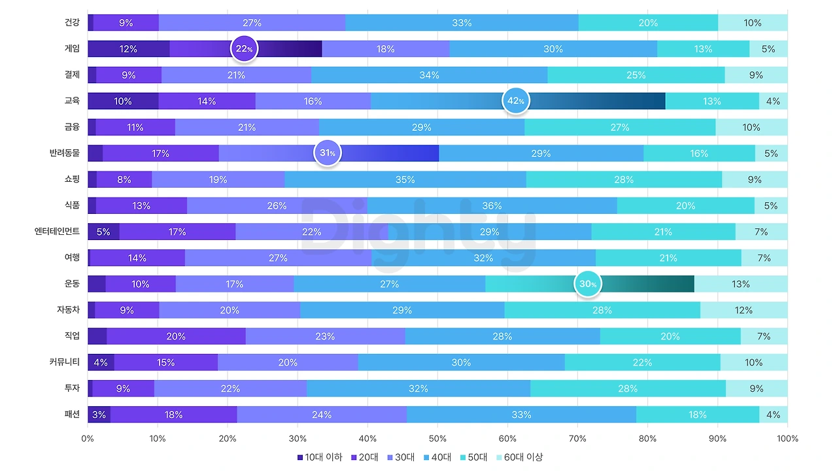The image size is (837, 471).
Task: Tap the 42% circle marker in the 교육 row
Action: [515, 101]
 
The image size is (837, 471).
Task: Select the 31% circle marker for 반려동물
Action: [328, 153]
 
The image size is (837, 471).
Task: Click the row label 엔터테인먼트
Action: [57, 232]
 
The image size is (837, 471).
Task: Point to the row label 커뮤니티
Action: [64, 362]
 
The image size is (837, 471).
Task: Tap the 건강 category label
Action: [72, 22]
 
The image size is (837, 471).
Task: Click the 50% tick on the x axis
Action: [437, 438]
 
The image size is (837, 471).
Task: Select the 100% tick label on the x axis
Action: [787, 438]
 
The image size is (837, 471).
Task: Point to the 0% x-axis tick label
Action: [88, 438]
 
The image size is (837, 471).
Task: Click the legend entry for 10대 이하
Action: [320, 457]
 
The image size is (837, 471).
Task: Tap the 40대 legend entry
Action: [436, 457]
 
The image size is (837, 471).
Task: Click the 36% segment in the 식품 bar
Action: [492, 205]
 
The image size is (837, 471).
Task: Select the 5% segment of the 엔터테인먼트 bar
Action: [103, 232]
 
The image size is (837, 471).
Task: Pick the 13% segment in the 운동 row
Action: [741, 284]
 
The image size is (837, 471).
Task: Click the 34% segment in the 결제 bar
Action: [429, 75]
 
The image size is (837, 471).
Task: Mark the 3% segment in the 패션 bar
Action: [99, 414]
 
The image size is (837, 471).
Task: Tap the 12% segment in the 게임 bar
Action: [128, 49]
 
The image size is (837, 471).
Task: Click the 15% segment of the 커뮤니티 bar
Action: [165, 362]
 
